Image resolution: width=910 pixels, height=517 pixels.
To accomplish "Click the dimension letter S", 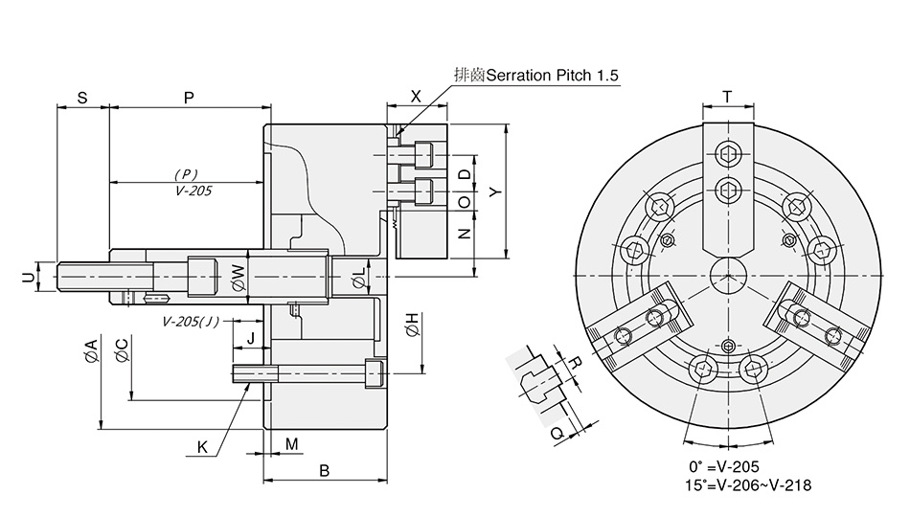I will pyautogui.click(x=82, y=98).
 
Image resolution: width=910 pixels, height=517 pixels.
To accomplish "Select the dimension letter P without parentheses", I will pyautogui.click(x=188, y=98).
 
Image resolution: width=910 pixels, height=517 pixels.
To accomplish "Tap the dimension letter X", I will pyautogui.click(x=416, y=96).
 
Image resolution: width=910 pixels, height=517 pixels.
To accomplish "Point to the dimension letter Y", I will pyautogui.click(x=494, y=191).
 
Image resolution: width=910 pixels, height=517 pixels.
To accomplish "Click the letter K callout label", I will pyautogui.click(x=202, y=447).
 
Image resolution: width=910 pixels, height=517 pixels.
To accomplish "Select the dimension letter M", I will pyautogui.click(x=292, y=443).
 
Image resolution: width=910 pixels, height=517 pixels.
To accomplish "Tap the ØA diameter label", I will pyautogui.click(x=91, y=350).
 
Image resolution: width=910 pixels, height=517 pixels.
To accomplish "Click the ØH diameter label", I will pyautogui.click(x=411, y=325).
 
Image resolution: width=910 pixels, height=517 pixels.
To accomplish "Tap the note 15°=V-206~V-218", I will pyautogui.click(x=749, y=485).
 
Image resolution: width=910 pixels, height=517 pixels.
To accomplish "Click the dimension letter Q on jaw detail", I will pyautogui.click(x=556, y=433).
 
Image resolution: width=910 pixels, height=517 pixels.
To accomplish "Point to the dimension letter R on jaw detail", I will pyautogui.click(x=576, y=363).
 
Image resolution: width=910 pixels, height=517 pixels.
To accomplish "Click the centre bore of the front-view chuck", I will pyautogui.click(x=728, y=275).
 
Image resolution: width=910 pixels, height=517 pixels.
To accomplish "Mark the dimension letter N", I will pyautogui.click(x=464, y=233).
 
